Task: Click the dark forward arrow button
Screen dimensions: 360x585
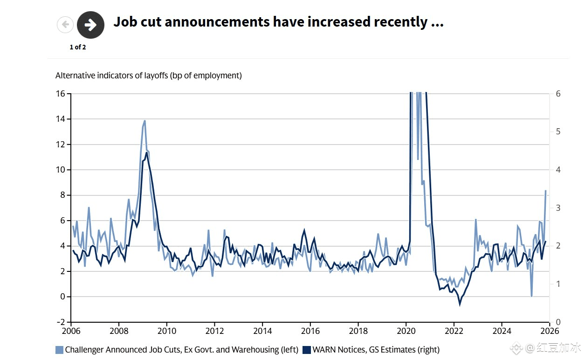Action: (90, 25)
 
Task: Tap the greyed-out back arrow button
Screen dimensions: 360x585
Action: (65, 25)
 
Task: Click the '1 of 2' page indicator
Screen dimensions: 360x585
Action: (78, 47)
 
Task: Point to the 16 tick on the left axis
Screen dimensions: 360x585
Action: (61, 94)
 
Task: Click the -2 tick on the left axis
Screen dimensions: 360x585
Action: (61, 322)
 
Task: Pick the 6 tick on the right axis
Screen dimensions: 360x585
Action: (558, 94)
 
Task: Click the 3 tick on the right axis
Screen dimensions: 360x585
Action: (558, 208)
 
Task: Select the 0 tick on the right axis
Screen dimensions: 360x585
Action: (558, 322)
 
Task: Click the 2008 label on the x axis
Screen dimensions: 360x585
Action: (118, 331)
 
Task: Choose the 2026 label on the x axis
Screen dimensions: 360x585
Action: (550, 331)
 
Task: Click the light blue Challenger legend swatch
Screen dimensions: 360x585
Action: (59, 350)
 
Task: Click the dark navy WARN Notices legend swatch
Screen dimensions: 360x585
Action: (306, 350)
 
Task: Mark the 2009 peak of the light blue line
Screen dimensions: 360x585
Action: (145, 121)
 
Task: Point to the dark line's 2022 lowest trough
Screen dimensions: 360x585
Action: (460, 305)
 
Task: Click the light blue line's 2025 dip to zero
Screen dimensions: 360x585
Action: (531, 296)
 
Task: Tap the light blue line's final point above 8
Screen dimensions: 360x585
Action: (545, 191)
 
